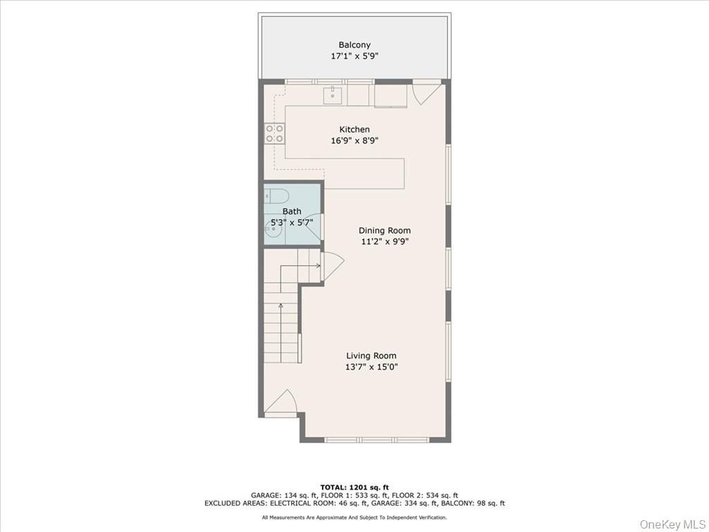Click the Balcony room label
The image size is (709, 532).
(x=354, y=45)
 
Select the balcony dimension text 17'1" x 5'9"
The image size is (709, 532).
(x=354, y=57)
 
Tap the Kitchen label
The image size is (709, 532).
(x=354, y=130)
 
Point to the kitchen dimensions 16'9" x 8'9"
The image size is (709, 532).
(x=354, y=141)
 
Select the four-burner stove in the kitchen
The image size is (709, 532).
(x=274, y=133)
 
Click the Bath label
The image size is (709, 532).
(x=291, y=211)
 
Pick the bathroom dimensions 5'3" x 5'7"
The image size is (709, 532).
(x=291, y=222)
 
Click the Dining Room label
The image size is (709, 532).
(x=384, y=231)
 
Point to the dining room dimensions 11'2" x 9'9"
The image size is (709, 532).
(x=384, y=242)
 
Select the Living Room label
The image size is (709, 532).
(x=371, y=356)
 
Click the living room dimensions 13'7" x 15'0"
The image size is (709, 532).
(x=371, y=367)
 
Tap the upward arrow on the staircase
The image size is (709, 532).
(x=280, y=305)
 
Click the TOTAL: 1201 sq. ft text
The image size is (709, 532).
(x=354, y=487)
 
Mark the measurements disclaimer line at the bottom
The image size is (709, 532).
(x=354, y=517)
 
